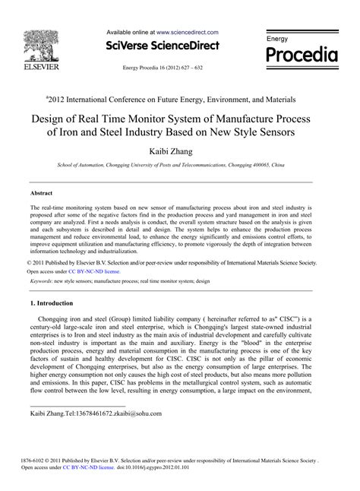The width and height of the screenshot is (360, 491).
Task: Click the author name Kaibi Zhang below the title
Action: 179,152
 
